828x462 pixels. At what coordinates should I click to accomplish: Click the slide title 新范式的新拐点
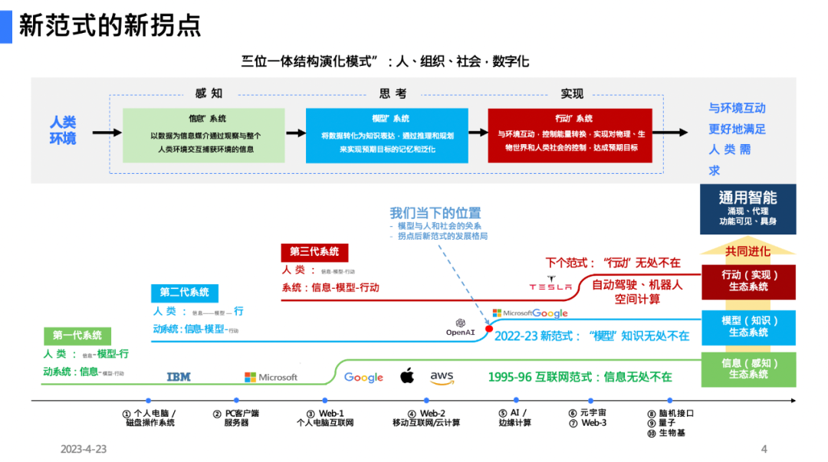pyautogui.click(x=110, y=25)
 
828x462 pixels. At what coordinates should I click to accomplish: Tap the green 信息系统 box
pyautogui.click(x=204, y=135)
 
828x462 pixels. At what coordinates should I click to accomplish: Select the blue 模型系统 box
pyautogui.click(x=386, y=135)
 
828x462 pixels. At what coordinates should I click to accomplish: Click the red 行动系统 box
pyautogui.click(x=570, y=135)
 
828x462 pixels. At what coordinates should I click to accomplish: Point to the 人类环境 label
pyautogui.click(x=63, y=130)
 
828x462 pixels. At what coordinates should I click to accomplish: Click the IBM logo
pyautogui.click(x=179, y=376)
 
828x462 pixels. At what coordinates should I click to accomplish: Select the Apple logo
pyautogui.click(x=407, y=375)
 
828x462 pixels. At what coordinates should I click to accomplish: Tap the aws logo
pyautogui.click(x=442, y=376)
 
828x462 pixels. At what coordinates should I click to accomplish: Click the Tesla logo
pyautogui.click(x=550, y=284)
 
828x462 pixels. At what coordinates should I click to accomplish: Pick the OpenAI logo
pyautogui.click(x=461, y=327)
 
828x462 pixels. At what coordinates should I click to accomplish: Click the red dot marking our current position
pyautogui.click(x=488, y=328)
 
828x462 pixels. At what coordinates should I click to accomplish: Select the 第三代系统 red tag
pyautogui.click(x=314, y=251)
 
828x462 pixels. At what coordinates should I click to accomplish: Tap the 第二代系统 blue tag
pyautogui.click(x=184, y=292)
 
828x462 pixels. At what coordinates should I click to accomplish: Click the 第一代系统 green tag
pyautogui.click(x=77, y=335)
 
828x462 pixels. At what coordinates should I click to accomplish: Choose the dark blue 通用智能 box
pyautogui.click(x=747, y=208)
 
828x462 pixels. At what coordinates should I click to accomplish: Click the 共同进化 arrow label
pyautogui.click(x=747, y=251)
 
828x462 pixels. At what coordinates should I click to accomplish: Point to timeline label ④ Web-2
pyautogui.click(x=426, y=418)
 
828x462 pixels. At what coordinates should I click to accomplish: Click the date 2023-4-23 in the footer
pyautogui.click(x=84, y=449)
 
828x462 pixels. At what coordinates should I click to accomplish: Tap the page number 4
pyautogui.click(x=764, y=449)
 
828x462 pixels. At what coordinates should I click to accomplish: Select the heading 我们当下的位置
pyautogui.click(x=435, y=213)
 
